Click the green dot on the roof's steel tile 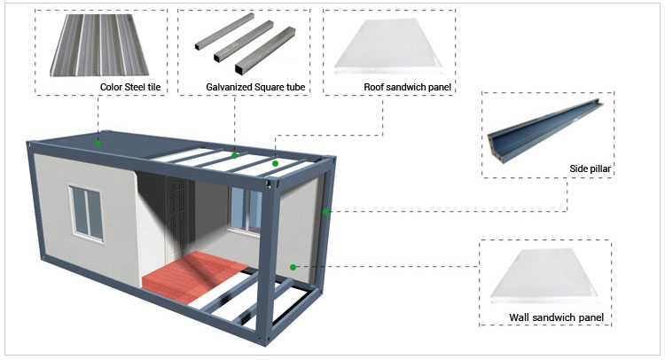point(98,142)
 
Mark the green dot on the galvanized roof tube point(234,156)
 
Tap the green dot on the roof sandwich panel point(275,163)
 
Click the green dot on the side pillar point(326,211)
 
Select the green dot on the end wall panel point(293,265)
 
